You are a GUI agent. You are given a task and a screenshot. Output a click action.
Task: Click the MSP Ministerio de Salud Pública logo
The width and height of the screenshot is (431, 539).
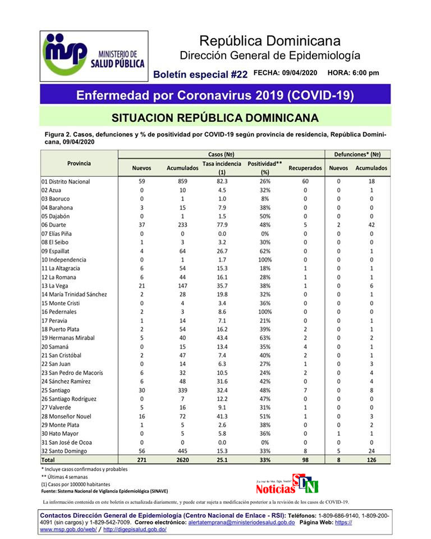tap(94, 56)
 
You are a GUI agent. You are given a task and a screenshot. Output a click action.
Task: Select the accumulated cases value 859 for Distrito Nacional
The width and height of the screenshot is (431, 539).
tap(180, 181)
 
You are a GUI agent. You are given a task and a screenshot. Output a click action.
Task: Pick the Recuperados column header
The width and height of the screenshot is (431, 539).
tap(305, 168)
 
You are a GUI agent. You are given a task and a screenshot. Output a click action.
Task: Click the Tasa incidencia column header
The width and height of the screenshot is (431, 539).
tap(222, 167)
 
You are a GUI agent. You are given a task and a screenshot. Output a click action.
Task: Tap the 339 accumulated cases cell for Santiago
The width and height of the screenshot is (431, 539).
tap(180, 390)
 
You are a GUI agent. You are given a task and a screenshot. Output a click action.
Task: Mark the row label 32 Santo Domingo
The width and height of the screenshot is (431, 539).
tap(64, 451)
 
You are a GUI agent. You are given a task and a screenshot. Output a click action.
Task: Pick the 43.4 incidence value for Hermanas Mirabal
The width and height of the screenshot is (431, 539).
tap(222, 338)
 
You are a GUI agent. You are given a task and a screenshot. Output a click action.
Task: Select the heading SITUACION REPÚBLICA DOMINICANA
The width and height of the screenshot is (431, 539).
tap(215, 118)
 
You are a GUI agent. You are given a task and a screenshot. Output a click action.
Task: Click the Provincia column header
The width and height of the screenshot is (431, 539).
tap(79, 163)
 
